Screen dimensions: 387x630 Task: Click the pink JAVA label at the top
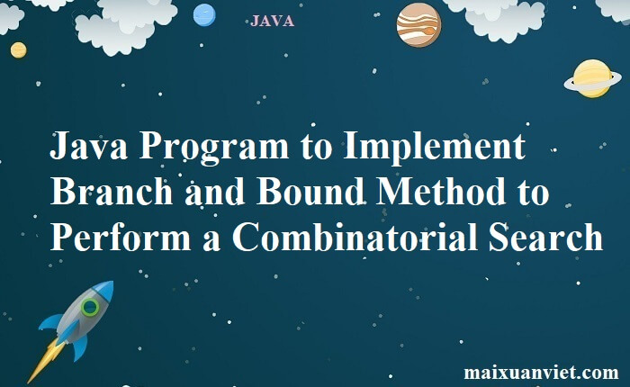pos(272,21)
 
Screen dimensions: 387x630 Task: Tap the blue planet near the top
pos(204,14)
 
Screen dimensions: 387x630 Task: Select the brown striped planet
pos(418,24)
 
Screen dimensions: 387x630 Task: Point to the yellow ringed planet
pos(592,79)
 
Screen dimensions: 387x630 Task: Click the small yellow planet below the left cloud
pos(18,49)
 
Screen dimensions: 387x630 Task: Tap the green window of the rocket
pos(89,308)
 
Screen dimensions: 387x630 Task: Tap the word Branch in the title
pos(106,193)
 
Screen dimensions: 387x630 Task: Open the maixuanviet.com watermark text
pos(541,371)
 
